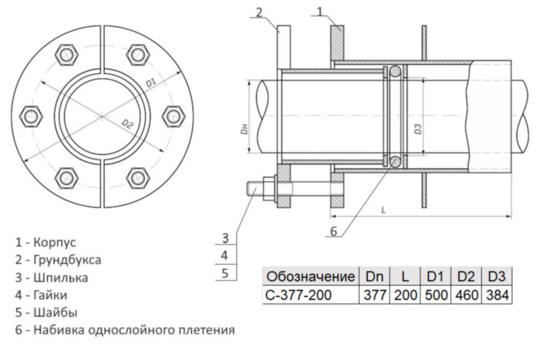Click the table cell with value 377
pyautogui.click(x=373, y=294)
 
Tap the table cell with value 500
pyautogui.click(x=435, y=294)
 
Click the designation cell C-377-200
pyautogui.click(x=302, y=294)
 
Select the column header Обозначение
pyautogui.click(x=310, y=276)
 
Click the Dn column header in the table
pyautogui.click(x=373, y=276)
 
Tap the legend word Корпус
pyautogui.click(x=55, y=242)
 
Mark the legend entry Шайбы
pyautogui.click(x=56, y=312)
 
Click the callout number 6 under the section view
pyautogui.click(x=333, y=230)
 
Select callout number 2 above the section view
pyautogui.click(x=259, y=12)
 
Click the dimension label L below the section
pyautogui.click(x=383, y=208)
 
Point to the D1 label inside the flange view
pyautogui.click(x=150, y=80)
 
